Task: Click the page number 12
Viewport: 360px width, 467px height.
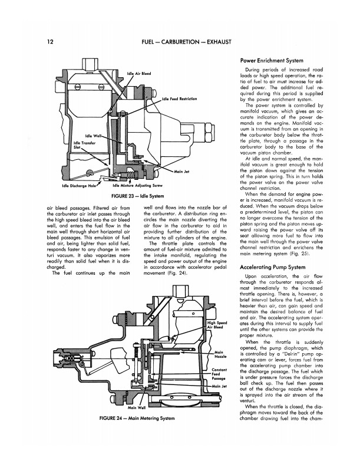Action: click(50, 42)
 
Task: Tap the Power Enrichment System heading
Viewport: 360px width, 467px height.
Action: click(272, 61)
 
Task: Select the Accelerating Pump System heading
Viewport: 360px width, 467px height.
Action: click(273, 267)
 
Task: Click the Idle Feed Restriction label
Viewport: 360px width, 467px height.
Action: click(179, 98)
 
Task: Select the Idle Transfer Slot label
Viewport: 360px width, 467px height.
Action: click(84, 145)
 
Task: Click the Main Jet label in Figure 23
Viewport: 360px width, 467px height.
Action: click(181, 172)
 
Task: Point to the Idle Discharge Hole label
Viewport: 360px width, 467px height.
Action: click(79, 186)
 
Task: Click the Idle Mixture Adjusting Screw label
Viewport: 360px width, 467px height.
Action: click(138, 186)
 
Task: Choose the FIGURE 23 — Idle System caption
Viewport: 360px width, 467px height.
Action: click(137, 196)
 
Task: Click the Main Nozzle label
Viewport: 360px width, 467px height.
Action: click(220, 354)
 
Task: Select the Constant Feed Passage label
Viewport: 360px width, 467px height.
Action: click(219, 374)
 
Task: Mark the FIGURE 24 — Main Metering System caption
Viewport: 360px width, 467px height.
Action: click(137, 418)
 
